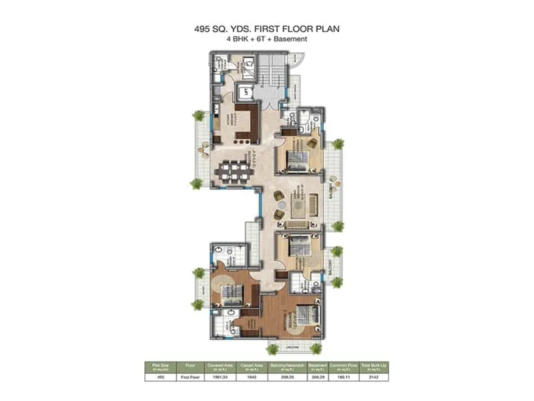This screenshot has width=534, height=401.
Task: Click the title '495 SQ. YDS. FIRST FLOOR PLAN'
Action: pyautogui.click(x=267, y=29)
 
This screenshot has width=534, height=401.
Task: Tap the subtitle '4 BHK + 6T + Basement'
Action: pyautogui.click(x=267, y=39)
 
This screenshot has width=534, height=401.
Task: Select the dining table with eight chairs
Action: pyautogui.click(x=234, y=172)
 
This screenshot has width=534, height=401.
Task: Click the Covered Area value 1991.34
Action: pyautogui.click(x=219, y=377)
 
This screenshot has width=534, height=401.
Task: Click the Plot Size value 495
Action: pyautogui.click(x=159, y=377)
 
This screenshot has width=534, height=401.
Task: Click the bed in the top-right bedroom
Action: pyautogui.click(x=297, y=160)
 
